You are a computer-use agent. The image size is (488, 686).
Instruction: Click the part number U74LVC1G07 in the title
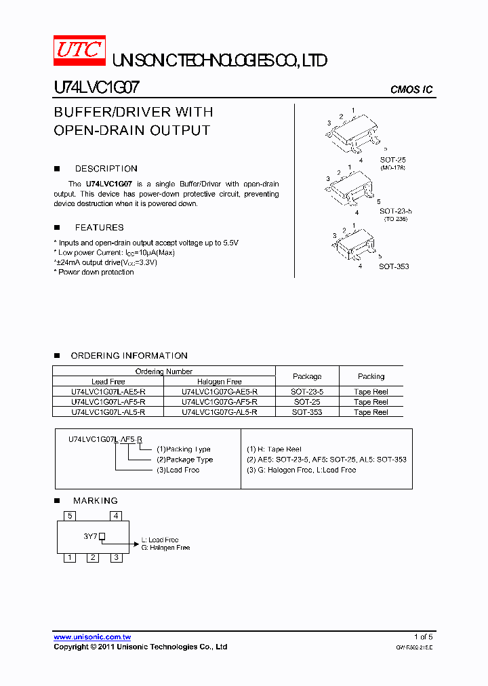(x=97, y=88)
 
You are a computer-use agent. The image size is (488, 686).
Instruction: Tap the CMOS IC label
(x=411, y=90)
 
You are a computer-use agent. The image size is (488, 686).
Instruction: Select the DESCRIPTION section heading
(x=106, y=169)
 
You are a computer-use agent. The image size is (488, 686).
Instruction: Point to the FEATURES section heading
(x=99, y=228)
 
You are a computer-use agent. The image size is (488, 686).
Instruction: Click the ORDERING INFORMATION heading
(x=129, y=356)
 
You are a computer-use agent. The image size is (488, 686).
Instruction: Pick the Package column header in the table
(x=307, y=376)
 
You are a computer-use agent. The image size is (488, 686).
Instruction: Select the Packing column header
(x=371, y=376)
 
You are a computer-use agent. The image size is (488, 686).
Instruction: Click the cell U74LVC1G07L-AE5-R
(x=108, y=392)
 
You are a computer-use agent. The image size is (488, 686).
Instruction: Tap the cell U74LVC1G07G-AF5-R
(x=219, y=402)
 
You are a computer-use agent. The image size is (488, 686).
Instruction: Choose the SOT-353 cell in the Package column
(x=307, y=412)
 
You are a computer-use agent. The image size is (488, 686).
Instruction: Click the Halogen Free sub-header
(x=219, y=382)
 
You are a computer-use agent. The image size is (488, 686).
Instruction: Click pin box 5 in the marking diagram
(x=69, y=516)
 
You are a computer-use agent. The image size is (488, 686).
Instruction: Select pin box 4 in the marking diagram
(x=117, y=516)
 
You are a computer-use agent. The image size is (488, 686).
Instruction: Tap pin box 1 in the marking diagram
(x=69, y=558)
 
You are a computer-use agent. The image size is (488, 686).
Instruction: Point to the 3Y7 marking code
(x=91, y=536)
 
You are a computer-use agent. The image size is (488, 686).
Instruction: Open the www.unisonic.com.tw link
(x=92, y=637)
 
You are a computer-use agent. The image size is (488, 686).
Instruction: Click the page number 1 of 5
(x=423, y=637)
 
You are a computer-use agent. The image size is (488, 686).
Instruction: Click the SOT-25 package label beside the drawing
(x=392, y=160)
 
